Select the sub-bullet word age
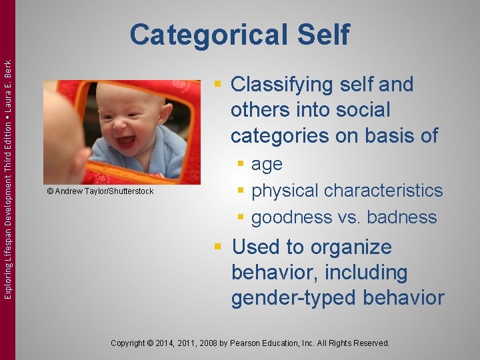pos(267,164)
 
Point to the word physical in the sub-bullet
pos(286,191)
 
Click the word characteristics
pos(385,191)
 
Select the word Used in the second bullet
pos(254,247)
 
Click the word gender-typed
pos(291,298)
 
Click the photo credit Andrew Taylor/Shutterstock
pos(100,191)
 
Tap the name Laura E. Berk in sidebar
pos(7,87)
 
